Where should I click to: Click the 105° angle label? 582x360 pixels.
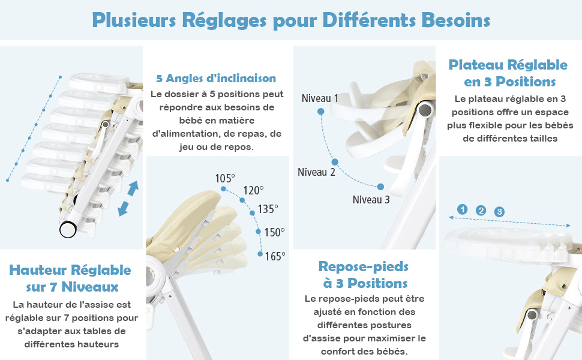point(225,179)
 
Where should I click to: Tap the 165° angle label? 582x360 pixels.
point(275,256)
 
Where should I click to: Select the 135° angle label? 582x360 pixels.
point(268,209)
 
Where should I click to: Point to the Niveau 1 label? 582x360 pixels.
point(320,98)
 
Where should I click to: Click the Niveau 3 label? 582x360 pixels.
point(371,200)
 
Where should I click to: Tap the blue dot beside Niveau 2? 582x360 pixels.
point(335,162)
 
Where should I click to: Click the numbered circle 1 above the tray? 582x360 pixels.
point(462,209)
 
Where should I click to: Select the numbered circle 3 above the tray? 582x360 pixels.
point(499,212)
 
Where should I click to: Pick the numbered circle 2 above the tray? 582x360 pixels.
point(481,211)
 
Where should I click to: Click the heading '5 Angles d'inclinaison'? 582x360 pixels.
point(216,79)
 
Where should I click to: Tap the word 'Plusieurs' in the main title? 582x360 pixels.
point(134,20)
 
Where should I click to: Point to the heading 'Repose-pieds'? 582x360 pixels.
point(364,266)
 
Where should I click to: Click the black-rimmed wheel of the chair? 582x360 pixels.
point(68,230)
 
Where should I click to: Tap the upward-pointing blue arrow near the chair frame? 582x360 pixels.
point(133,188)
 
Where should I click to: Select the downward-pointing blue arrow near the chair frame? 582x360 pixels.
point(123,209)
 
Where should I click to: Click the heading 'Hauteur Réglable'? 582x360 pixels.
point(70,270)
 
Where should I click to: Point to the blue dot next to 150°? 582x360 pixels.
point(259,232)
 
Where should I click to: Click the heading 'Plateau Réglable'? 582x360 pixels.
point(508,65)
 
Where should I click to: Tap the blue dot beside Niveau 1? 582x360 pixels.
point(320,112)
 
